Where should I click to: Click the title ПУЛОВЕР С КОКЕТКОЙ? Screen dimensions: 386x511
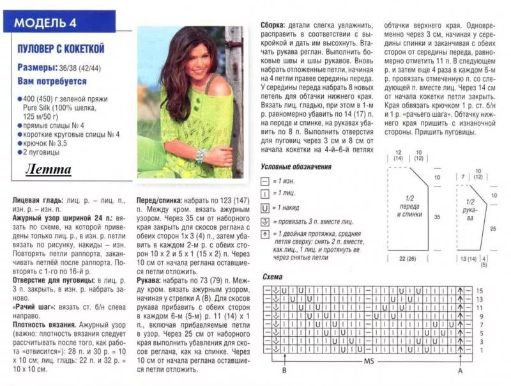(x=61, y=49)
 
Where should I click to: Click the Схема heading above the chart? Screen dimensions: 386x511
(x=273, y=276)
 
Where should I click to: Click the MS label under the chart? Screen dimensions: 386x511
(x=369, y=362)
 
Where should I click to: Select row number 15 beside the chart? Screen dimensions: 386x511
(x=478, y=291)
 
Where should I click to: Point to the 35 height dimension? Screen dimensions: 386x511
(x=438, y=217)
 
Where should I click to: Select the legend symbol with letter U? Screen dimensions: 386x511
(x=266, y=207)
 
